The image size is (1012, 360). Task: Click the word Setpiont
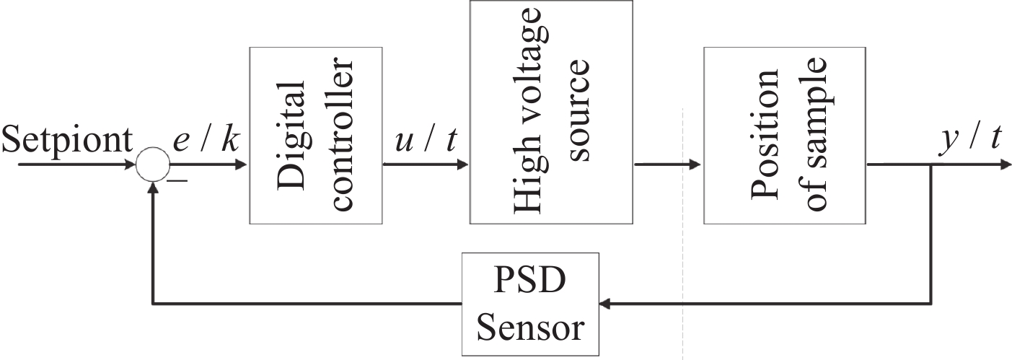pos(66,141)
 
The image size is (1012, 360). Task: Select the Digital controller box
pos(315,135)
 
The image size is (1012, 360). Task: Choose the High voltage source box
pos(551,112)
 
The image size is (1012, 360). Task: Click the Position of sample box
pos(785,135)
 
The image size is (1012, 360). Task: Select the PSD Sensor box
pos(530,304)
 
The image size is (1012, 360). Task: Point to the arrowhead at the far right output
pos(1003,165)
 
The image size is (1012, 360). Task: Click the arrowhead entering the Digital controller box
pos(242,165)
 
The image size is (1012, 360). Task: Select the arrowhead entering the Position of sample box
pos(695,165)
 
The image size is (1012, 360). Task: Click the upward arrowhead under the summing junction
pos(151,188)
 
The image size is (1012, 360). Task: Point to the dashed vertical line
pos(682,238)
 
